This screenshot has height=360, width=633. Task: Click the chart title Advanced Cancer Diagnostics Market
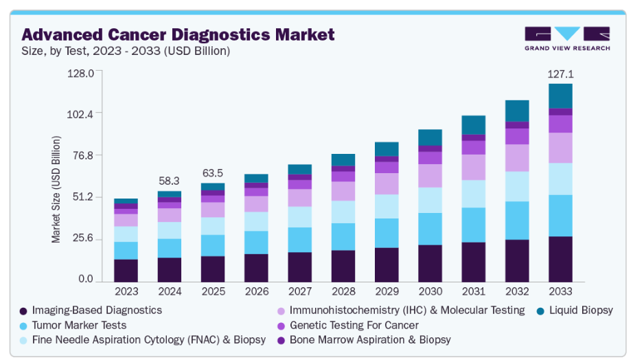(x=179, y=34)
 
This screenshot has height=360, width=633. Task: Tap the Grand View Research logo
(x=566, y=38)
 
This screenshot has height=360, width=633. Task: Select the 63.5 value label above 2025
(x=214, y=171)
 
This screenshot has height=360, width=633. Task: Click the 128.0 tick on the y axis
(x=80, y=73)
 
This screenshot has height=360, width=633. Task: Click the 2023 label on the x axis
(x=126, y=291)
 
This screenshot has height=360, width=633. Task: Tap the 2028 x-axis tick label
(x=343, y=291)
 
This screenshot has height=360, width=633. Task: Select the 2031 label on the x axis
(x=473, y=291)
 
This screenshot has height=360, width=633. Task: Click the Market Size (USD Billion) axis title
(x=56, y=189)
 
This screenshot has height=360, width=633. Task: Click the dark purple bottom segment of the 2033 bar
(x=560, y=259)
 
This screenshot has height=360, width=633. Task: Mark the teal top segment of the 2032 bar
(x=517, y=111)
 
